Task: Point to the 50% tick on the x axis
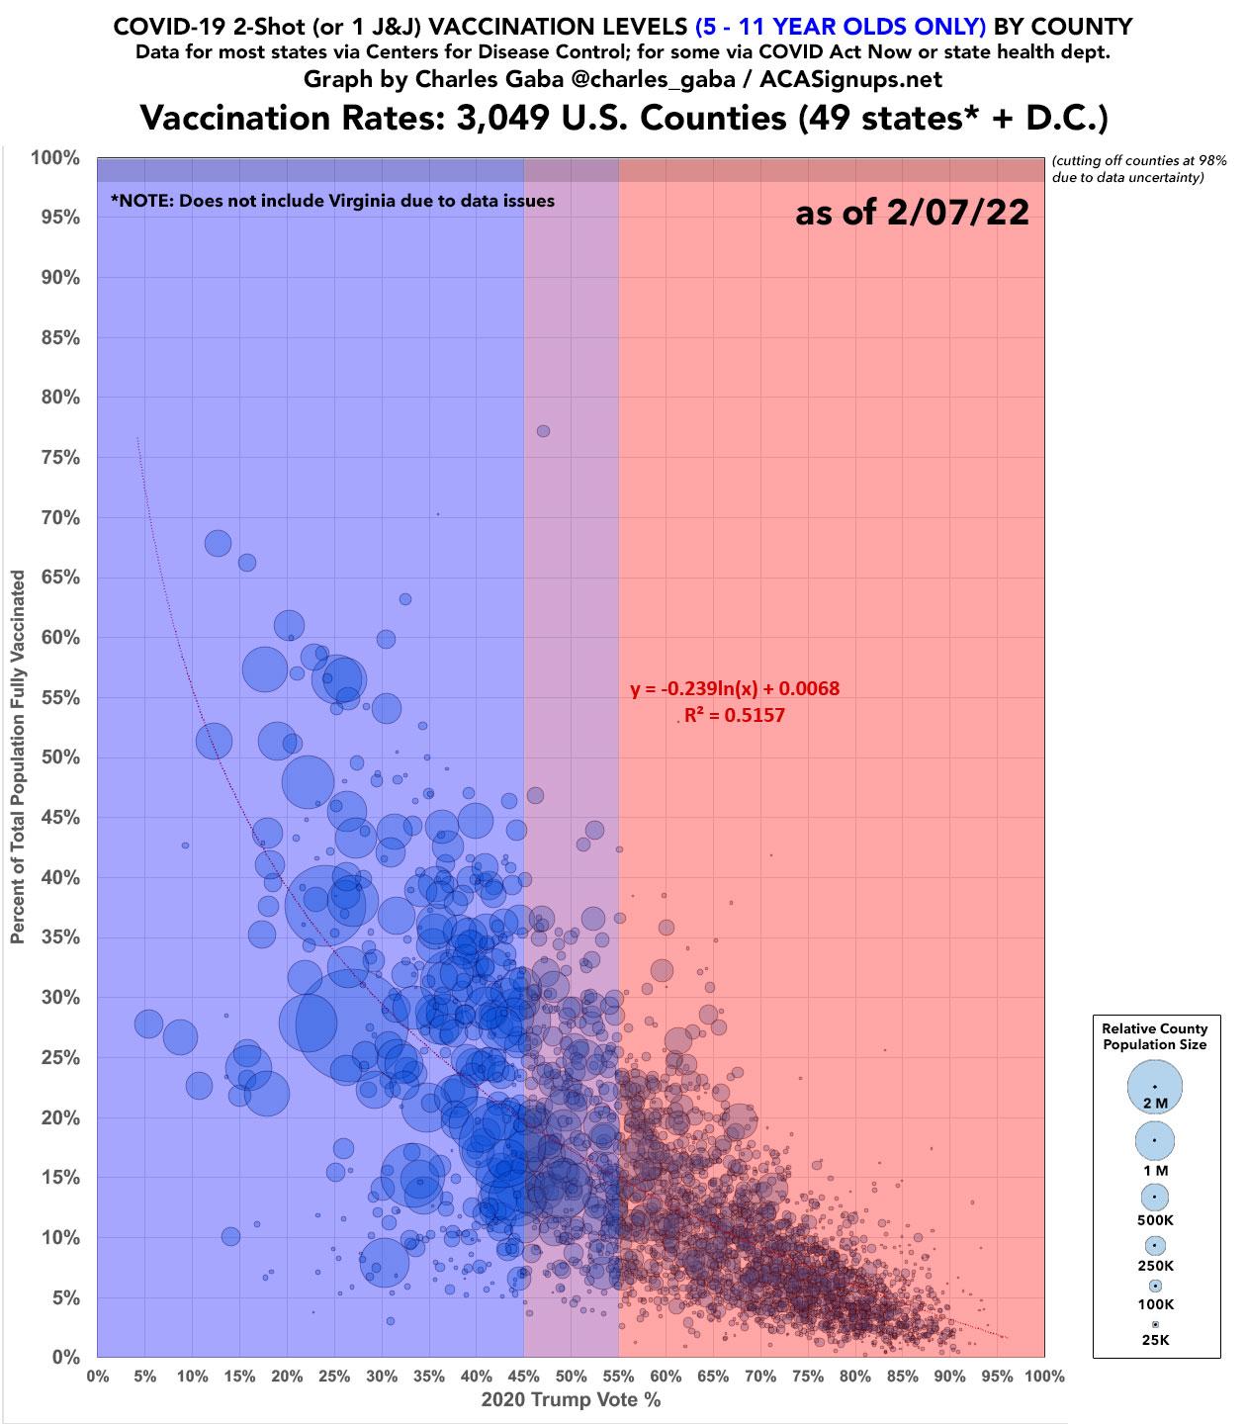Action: [x=571, y=1376]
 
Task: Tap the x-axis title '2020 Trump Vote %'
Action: [x=571, y=1400]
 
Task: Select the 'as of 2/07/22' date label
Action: [x=912, y=214]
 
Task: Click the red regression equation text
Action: [x=735, y=688]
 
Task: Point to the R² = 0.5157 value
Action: [x=735, y=714]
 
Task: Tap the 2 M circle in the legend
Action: [x=1154, y=1086]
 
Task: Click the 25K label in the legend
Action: [x=1155, y=1341]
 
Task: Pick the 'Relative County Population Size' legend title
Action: [x=1155, y=1036]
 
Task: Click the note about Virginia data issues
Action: [x=332, y=200]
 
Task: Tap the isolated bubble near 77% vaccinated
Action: [x=543, y=430]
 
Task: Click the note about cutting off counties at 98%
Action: [x=1140, y=169]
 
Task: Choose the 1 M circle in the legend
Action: [x=1154, y=1140]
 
